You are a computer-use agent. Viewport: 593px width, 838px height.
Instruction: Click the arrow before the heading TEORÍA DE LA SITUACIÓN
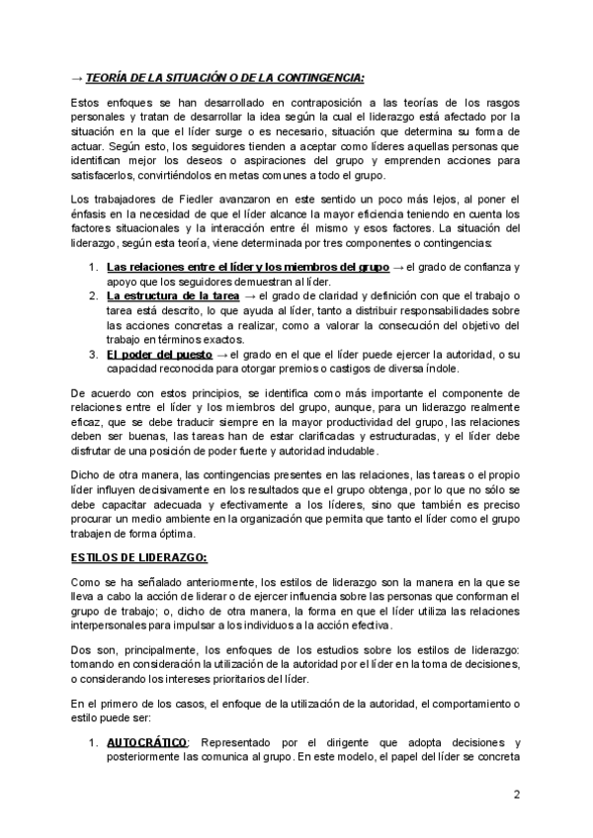coord(77,78)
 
